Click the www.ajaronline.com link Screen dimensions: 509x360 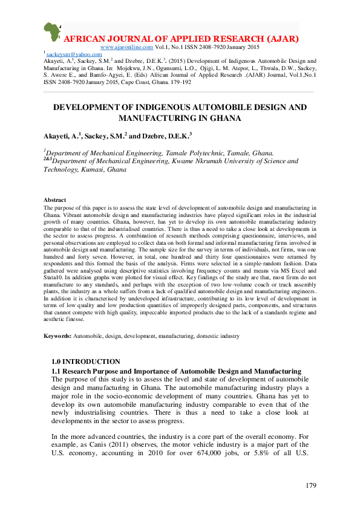point(126,47)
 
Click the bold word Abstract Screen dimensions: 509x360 point(55,200)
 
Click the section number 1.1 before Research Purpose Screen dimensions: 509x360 point(57,370)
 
